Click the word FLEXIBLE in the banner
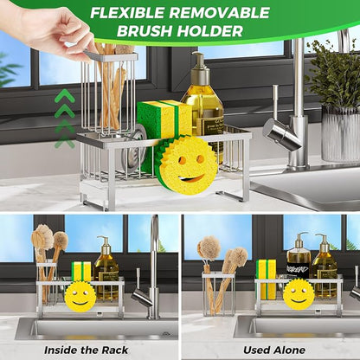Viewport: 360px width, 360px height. click(127, 13)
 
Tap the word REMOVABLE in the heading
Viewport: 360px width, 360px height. click(219, 13)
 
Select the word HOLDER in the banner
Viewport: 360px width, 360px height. click(209, 31)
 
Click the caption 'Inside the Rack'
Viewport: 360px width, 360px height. click(86, 350)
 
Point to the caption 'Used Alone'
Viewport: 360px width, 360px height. click(274, 350)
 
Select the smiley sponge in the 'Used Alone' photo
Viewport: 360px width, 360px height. click(299, 294)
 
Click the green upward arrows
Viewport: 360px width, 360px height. click(65, 119)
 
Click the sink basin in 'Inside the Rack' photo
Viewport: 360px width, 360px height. click(97, 329)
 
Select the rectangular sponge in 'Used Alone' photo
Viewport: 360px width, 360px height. click(266, 279)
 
